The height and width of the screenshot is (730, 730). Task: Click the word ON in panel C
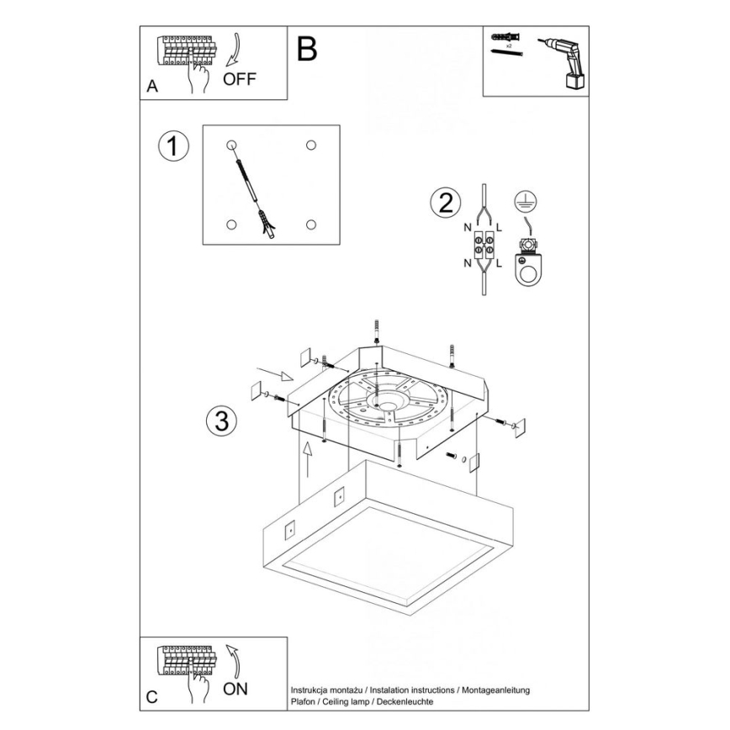pos(236,690)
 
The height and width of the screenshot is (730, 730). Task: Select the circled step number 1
pos(173,145)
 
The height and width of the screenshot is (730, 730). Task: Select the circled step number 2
pos(445,203)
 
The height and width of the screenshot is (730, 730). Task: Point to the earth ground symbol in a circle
pos(527,201)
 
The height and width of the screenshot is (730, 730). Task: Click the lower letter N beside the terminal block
pos(468,263)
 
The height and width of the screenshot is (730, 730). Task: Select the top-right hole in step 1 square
pos(311,145)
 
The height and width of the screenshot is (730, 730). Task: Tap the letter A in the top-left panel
pos(152,87)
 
